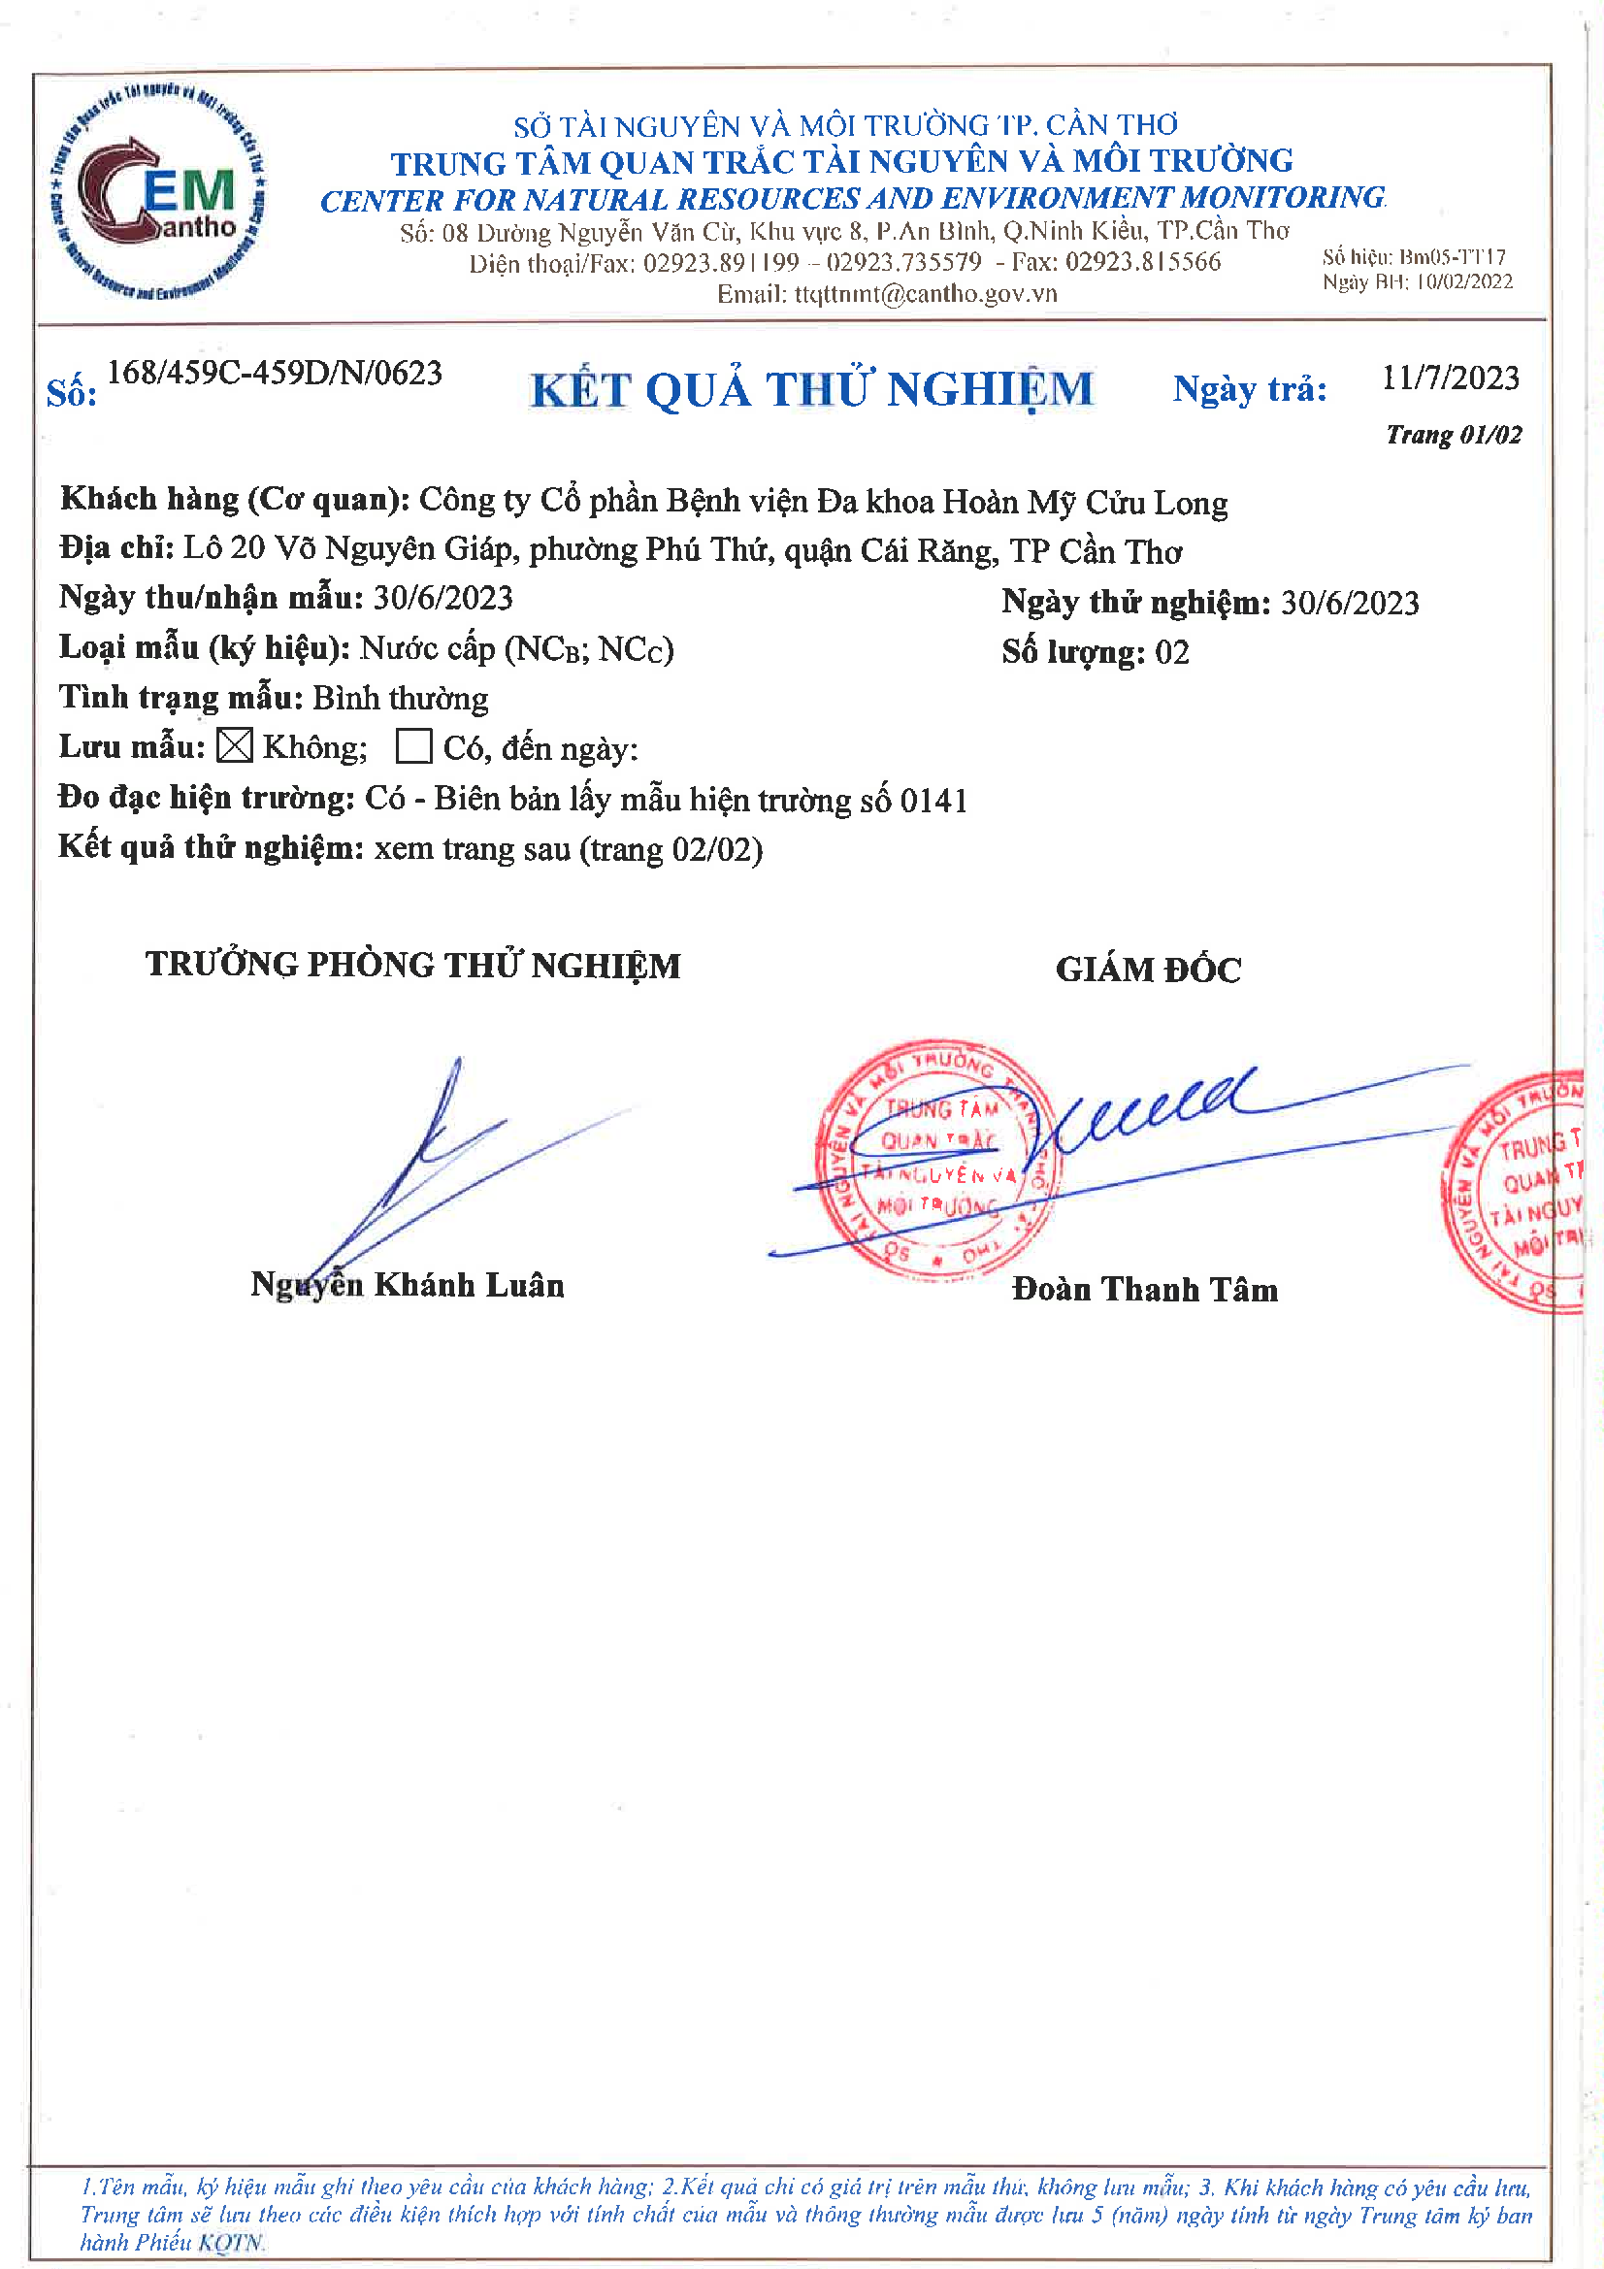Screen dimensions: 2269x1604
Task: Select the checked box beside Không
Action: tap(234, 746)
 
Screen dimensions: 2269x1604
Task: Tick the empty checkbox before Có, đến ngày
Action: tap(413, 746)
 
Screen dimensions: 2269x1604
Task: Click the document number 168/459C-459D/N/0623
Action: tap(274, 374)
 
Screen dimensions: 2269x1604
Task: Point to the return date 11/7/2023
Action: tap(1450, 378)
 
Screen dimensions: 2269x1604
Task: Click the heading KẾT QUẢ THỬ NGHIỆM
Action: tap(811, 389)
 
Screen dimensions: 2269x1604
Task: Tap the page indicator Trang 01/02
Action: tap(1453, 435)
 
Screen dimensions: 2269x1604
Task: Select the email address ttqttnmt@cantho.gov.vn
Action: tap(925, 293)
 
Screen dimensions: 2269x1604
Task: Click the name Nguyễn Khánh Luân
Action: tap(408, 1285)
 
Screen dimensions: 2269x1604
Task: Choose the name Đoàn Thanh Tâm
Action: tap(1144, 1290)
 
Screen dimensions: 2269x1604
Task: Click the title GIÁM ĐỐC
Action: tap(1147, 970)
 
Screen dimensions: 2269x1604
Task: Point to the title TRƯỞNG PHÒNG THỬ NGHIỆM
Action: tap(413, 965)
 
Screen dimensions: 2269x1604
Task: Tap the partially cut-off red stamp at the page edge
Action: tap(1517, 1193)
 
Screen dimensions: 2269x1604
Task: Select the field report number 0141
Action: tap(933, 800)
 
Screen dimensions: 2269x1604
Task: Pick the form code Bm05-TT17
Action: tap(1453, 257)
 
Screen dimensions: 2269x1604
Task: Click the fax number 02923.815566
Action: tap(1142, 262)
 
